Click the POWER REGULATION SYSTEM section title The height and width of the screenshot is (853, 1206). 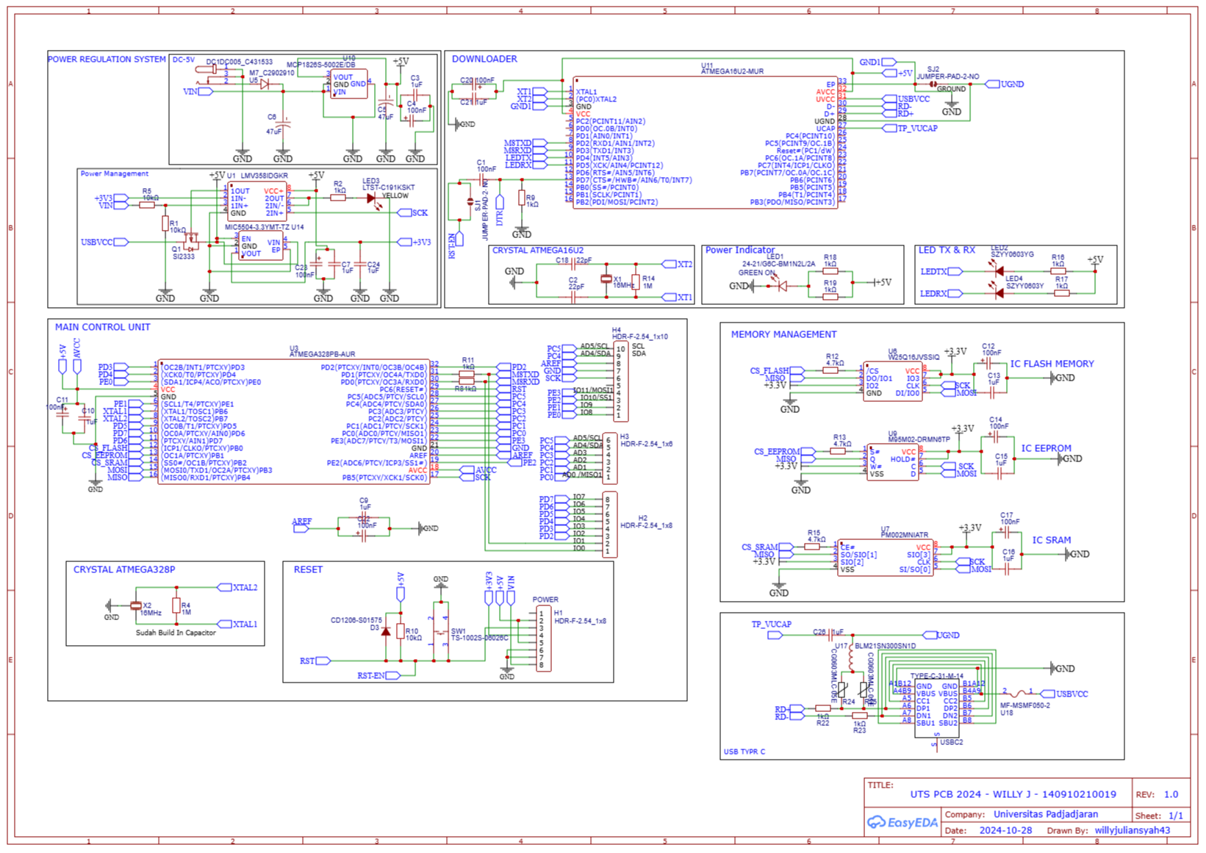point(107,60)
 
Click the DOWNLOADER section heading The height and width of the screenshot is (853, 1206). point(484,59)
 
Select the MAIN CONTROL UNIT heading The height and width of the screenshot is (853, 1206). point(102,327)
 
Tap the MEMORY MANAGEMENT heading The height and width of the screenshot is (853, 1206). point(783,334)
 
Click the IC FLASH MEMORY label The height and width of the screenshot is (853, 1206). point(1052,364)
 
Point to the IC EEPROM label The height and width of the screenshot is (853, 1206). point(1046,448)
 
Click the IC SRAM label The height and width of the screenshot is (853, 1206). point(1051,540)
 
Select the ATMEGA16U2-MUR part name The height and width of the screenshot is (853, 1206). point(732,72)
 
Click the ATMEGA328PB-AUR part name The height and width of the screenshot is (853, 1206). point(322,354)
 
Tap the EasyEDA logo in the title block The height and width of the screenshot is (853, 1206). point(902,822)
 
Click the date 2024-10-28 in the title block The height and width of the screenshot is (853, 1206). point(1005,831)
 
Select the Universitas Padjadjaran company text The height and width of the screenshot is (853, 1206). point(1046,814)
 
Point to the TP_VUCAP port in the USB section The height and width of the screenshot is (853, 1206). point(772,625)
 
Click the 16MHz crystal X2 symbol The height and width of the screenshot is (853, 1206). point(136,605)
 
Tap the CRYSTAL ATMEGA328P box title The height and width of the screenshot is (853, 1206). point(124,569)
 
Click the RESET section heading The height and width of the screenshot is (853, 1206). point(308,569)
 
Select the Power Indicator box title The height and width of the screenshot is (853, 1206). point(740,251)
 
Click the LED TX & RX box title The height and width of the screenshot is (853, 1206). point(947,251)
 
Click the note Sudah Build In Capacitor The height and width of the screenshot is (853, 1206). point(176,633)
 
